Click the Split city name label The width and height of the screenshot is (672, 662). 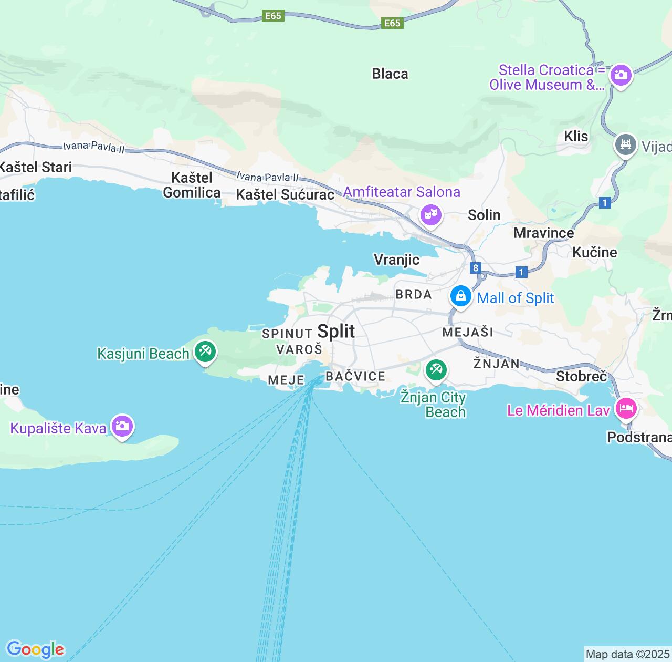click(x=336, y=332)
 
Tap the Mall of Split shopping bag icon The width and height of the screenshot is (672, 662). click(x=460, y=296)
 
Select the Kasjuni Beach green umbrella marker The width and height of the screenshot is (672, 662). click(x=205, y=352)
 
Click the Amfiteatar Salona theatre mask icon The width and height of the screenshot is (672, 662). click(x=430, y=214)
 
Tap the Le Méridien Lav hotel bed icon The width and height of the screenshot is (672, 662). click(x=626, y=408)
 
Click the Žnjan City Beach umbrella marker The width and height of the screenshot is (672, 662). click(x=436, y=370)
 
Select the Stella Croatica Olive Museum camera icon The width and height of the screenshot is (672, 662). click(x=621, y=75)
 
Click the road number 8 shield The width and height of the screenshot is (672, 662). click(x=476, y=268)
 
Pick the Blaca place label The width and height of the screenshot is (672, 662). click(x=390, y=74)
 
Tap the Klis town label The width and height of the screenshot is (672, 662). click(x=576, y=137)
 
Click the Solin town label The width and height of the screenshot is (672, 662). click(x=484, y=215)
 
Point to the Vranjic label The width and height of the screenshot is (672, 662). click(x=396, y=260)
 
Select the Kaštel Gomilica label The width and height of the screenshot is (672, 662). click(x=192, y=185)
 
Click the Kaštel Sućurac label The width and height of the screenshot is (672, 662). click(x=285, y=195)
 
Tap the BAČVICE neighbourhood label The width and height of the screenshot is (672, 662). click(x=355, y=376)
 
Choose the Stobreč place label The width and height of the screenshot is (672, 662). click(x=581, y=376)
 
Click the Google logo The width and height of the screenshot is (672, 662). click(x=35, y=650)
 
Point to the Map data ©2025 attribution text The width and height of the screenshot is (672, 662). click(x=627, y=655)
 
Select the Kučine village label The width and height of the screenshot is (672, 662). click(x=595, y=253)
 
